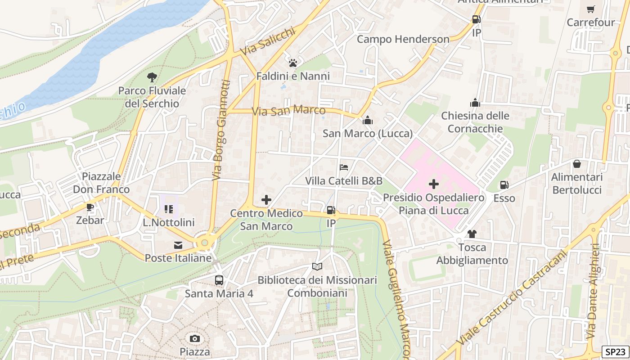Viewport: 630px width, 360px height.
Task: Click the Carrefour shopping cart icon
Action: coord(590,9)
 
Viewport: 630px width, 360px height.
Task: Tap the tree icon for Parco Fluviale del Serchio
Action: coord(152,77)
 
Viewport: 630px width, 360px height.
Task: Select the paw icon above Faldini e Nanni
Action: coord(293,63)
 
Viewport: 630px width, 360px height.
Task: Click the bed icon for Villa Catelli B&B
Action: coord(344,167)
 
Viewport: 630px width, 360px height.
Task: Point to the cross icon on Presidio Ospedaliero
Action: coord(434,184)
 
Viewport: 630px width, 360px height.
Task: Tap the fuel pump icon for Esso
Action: coord(504,185)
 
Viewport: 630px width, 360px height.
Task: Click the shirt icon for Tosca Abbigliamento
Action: coord(472,234)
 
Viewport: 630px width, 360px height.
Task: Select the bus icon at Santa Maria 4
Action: coord(219,280)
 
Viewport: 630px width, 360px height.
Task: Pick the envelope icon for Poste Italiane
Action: coord(178,245)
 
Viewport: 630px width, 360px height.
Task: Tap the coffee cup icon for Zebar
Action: coord(90,207)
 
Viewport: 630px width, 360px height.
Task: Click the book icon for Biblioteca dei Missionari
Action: coord(317,267)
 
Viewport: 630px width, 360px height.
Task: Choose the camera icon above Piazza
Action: coord(195,338)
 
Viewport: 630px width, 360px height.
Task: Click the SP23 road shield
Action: coord(615,352)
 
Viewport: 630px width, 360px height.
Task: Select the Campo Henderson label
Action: coord(403,39)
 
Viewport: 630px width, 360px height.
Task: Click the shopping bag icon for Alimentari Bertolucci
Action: coord(577,164)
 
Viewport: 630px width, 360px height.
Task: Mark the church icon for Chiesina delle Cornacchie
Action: coord(475,103)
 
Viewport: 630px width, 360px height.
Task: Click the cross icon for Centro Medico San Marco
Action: coord(266,200)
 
